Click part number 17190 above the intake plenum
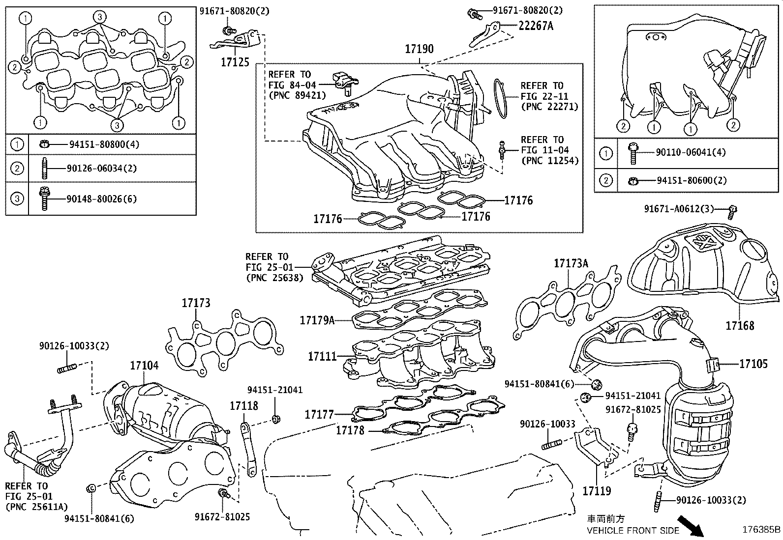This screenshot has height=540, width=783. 419,49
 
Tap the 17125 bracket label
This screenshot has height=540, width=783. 235,62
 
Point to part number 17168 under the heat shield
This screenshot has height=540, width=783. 740,325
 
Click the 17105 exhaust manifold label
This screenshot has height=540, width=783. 753,364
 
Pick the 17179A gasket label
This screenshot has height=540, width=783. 317,321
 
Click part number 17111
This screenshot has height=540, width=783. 322,356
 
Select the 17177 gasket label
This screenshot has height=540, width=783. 319,415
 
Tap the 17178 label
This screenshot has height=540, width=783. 350,430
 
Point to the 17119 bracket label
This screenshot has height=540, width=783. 597,490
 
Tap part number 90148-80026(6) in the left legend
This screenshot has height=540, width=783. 101,199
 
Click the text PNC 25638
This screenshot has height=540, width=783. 274,278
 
